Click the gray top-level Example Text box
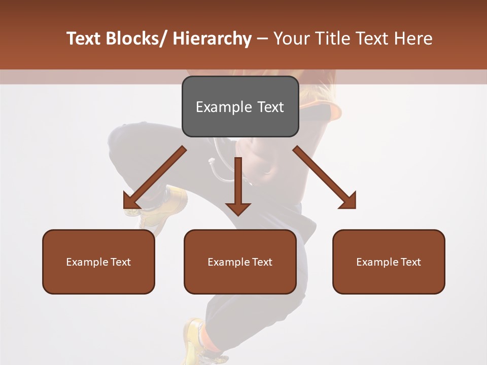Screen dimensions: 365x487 click(240, 106)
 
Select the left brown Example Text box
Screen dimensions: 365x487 click(98, 262)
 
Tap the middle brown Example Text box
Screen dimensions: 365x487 click(240, 262)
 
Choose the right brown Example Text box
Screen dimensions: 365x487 click(389, 262)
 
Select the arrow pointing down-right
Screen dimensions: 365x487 click(325, 177)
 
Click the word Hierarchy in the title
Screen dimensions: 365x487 click(212, 39)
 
